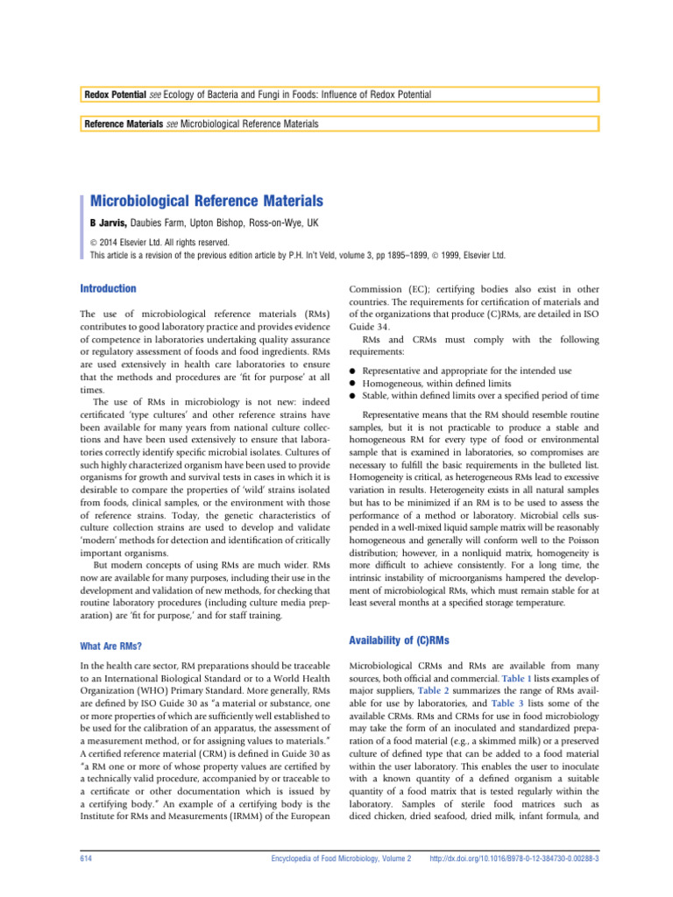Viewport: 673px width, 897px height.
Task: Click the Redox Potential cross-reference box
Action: point(336,94)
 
